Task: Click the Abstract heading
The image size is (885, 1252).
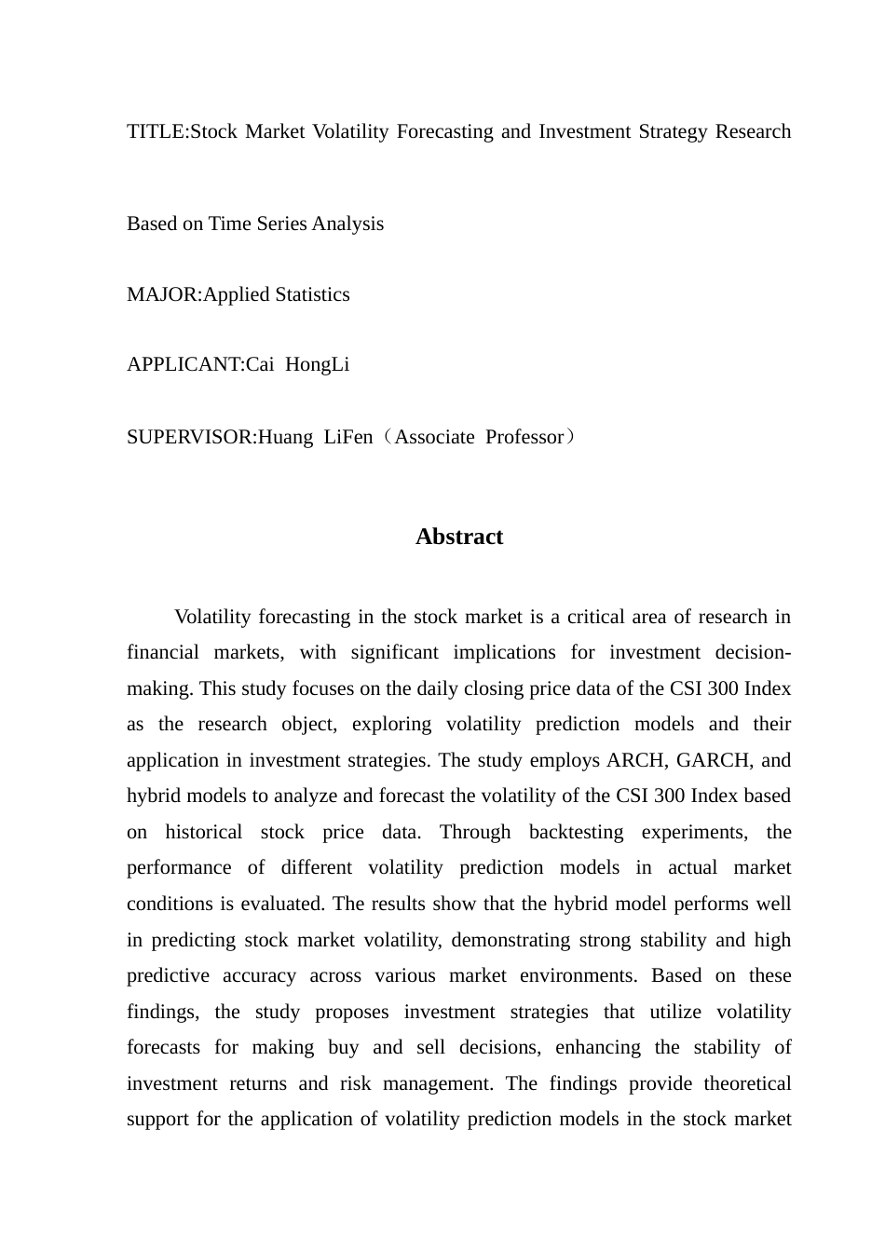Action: (x=459, y=537)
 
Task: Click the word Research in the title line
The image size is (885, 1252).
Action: (x=753, y=131)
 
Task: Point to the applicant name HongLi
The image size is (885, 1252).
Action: (x=317, y=364)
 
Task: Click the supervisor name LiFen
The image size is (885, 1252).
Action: (x=347, y=437)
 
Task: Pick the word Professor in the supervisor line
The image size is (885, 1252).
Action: (x=524, y=437)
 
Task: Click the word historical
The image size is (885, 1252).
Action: (x=203, y=832)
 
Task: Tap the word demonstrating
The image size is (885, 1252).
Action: (x=510, y=940)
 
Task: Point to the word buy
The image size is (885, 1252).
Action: (x=343, y=1047)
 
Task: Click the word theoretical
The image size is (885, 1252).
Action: (x=747, y=1083)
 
